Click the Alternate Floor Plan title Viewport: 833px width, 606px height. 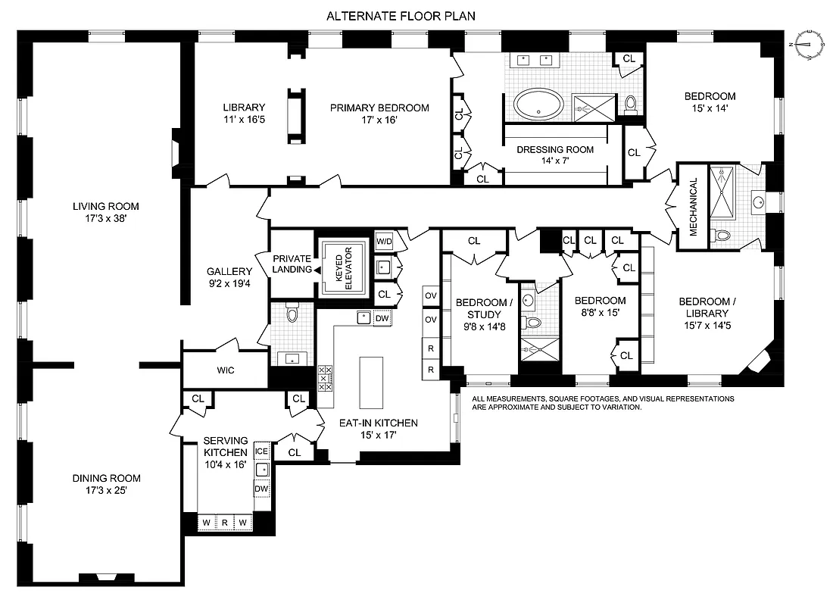(401, 15)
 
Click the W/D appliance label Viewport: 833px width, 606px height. (385, 242)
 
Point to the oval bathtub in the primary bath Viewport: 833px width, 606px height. (538, 104)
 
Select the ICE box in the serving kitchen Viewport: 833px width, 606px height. (262, 451)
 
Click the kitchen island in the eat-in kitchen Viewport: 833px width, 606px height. (372, 383)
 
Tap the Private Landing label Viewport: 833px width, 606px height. (292, 264)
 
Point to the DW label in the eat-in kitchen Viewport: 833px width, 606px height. (382, 319)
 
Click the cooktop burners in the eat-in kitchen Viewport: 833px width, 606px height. (325, 376)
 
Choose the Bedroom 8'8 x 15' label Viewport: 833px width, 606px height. (600, 306)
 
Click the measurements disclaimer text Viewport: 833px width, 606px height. (602, 402)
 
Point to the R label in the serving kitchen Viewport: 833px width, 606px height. (225, 522)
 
